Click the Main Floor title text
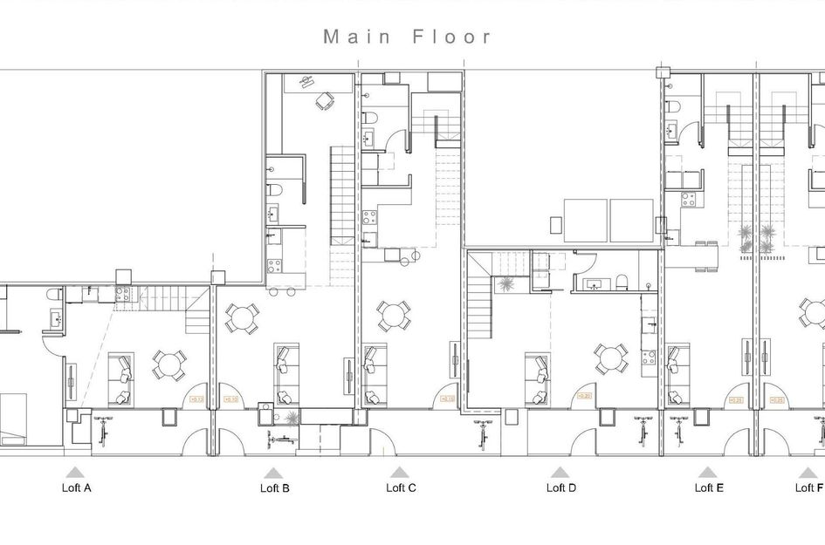pyautogui.click(x=408, y=37)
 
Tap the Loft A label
pyautogui.click(x=76, y=488)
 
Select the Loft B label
pyautogui.click(x=275, y=488)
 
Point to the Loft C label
pyautogui.click(x=401, y=488)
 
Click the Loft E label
pyautogui.click(x=709, y=488)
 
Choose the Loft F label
pyautogui.click(x=809, y=488)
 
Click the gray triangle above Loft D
pyautogui.click(x=560, y=472)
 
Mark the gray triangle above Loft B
pyautogui.click(x=271, y=472)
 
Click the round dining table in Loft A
pyautogui.click(x=169, y=364)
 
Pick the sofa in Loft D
pyautogui.click(x=537, y=378)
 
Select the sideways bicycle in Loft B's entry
pyautogui.click(x=280, y=439)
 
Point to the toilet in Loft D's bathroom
pyautogui.click(x=622, y=281)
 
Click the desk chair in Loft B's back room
pyautogui.click(x=324, y=101)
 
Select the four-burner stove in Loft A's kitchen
pyautogui.click(x=121, y=293)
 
